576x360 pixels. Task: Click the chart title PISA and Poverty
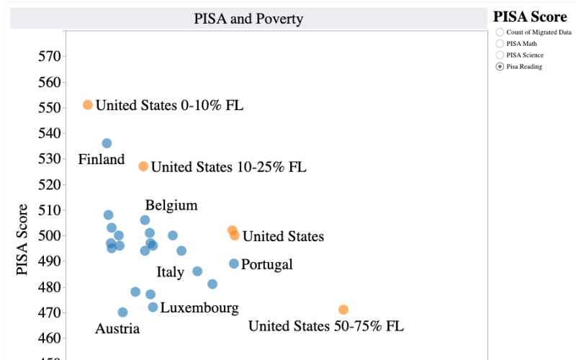[x=248, y=19]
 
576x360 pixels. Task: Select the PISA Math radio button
[x=500, y=43]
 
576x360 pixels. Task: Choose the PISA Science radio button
[x=500, y=55]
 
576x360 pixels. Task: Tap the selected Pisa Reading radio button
[x=500, y=66]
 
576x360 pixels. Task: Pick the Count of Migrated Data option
[x=500, y=32]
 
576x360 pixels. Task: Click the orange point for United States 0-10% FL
[x=88, y=104]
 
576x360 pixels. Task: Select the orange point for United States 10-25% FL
[x=143, y=166]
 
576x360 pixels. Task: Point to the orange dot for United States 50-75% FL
[x=343, y=310]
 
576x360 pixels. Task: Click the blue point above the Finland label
[x=107, y=143]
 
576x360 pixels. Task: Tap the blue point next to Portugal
[x=234, y=264]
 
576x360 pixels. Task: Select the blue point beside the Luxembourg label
[x=153, y=307]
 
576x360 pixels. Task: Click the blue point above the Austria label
[x=122, y=312]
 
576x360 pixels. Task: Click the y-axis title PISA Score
[x=23, y=239]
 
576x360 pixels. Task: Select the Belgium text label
[x=171, y=205]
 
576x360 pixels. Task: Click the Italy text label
[x=171, y=272]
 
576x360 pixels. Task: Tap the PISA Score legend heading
[x=530, y=17]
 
